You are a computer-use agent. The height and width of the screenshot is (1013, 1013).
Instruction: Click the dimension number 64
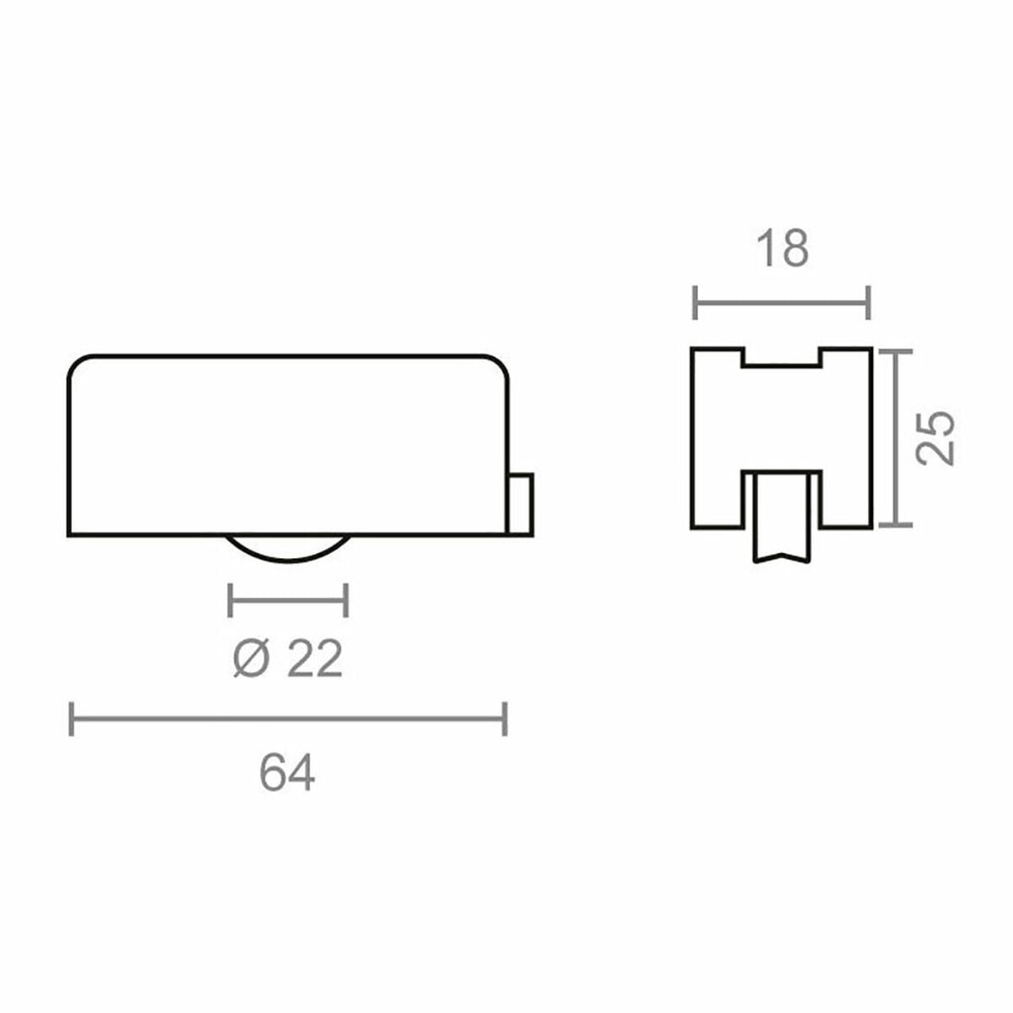pos(287,772)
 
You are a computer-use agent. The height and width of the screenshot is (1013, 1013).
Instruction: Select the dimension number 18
pos(783,249)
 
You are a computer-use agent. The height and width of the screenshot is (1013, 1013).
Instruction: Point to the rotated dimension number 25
pos(936,437)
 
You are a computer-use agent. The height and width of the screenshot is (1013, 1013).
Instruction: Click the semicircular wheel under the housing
pos(289,548)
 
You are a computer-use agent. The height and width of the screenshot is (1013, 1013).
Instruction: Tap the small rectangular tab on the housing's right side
pos(521,504)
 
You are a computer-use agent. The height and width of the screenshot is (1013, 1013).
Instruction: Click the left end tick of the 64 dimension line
pos(72,718)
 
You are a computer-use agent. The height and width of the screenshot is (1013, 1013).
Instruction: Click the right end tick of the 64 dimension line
pos(505,718)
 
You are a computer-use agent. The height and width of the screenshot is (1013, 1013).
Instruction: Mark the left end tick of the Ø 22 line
pos(230,600)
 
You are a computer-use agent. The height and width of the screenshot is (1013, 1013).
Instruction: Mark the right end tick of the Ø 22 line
pos(347,600)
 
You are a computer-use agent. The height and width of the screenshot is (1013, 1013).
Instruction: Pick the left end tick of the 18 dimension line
pos(695,303)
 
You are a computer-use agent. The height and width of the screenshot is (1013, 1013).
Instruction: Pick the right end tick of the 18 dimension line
pos(869,303)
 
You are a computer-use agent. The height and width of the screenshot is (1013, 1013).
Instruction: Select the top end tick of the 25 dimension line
pos(896,350)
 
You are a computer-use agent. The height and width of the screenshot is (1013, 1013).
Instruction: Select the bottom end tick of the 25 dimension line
pos(896,525)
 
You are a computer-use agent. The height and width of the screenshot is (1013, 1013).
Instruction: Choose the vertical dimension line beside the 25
pos(896,437)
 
